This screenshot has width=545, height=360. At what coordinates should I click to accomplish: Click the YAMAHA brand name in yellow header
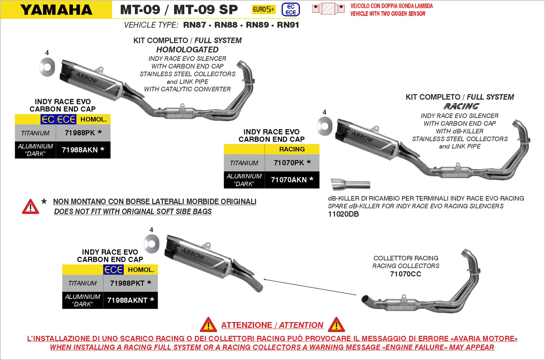tap(56, 10)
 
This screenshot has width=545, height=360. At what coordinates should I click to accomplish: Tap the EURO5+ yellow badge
tap(263, 10)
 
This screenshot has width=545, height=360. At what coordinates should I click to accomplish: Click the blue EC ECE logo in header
tap(291, 10)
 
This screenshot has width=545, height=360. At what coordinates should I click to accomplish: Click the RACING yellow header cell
tap(292, 149)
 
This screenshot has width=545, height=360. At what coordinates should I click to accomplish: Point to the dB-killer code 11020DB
tap(343, 214)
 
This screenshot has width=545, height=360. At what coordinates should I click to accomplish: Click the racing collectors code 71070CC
tap(405, 274)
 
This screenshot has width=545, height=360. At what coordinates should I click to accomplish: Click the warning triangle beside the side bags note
tap(30, 207)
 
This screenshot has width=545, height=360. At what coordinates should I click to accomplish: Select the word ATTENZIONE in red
tap(247, 325)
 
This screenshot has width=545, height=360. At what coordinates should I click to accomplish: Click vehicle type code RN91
tap(288, 25)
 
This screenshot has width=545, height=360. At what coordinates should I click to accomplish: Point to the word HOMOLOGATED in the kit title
tap(187, 50)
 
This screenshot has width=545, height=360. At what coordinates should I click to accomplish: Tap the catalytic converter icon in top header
tap(328, 9)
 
